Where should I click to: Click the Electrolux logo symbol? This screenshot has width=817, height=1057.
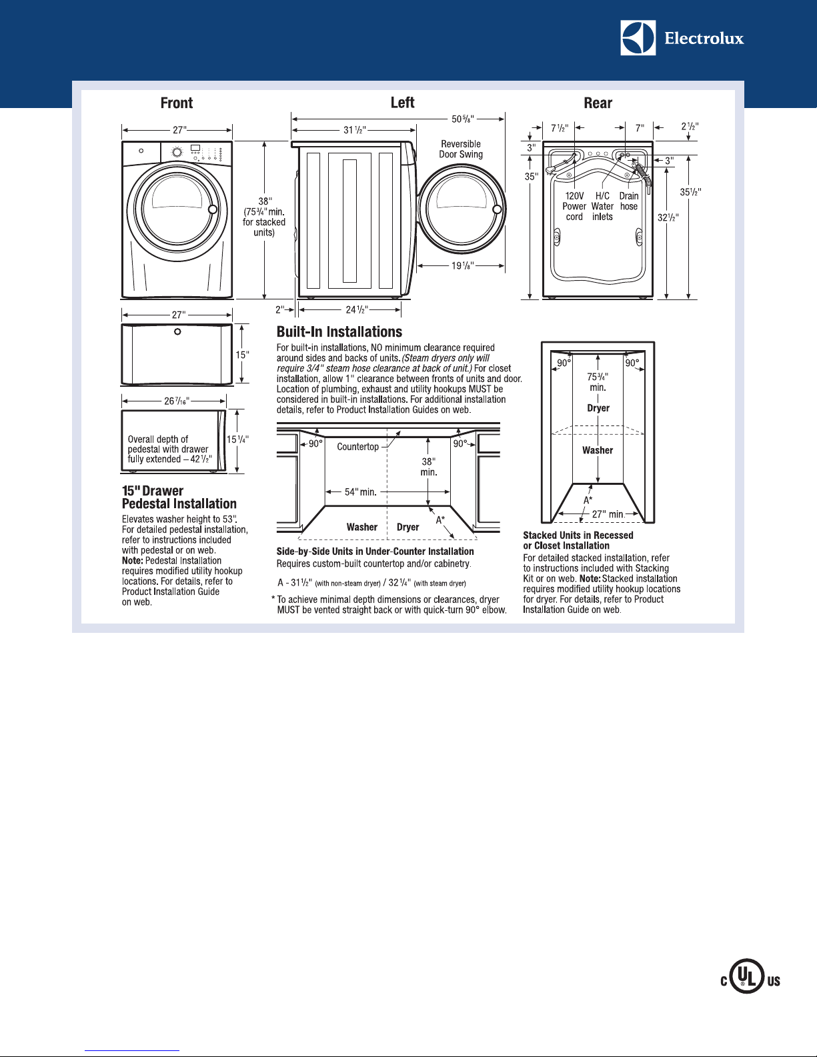[x=638, y=38]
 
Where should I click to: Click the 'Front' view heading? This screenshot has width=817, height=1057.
[x=177, y=103]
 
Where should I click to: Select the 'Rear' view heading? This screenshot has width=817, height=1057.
[x=598, y=103]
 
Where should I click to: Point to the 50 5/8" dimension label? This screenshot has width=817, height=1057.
[x=462, y=119]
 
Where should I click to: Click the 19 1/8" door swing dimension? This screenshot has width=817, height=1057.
[x=462, y=265]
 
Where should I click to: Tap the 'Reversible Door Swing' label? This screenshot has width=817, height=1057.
[x=461, y=149]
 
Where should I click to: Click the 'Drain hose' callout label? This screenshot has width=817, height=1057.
[x=629, y=201]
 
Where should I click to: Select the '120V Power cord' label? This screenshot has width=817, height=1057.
[x=574, y=206]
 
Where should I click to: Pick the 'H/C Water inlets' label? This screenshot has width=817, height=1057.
[x=602, y=206]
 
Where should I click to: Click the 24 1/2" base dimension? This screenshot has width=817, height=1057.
[x=357, y=309]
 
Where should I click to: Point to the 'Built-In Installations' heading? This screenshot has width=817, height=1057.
[x=339, y=331]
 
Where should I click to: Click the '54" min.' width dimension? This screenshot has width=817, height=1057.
[x=360, y=491]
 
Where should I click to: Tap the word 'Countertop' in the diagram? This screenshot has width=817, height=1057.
[x=358, y=447]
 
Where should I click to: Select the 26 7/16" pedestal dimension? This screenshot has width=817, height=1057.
[x=177, y=401]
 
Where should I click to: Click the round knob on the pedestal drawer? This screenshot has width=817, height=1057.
[x=177, y=331]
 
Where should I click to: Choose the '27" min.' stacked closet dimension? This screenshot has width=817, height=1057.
[x=608, y=514]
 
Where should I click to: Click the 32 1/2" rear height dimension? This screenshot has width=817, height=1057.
[x=668, y=217]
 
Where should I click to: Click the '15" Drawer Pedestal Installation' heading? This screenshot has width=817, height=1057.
[x=179, y=497]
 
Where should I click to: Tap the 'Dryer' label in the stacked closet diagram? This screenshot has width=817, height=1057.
[x=598, y=408]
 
